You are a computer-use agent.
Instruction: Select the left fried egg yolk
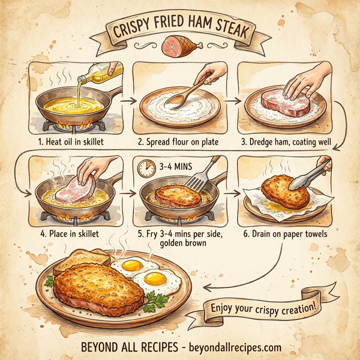pyautogui.click(x=131, y=265)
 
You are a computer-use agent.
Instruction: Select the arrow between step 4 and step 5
pyautogui.click(x=127, y=194)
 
